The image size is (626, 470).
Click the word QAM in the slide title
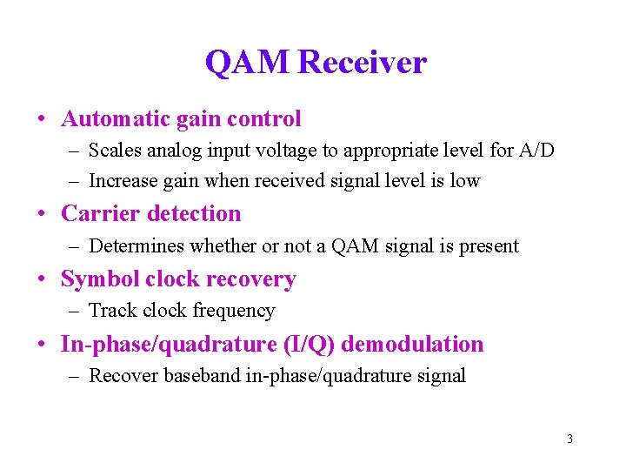coord(248,63)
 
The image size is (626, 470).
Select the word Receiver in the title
coord(362,63)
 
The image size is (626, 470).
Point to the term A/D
coord(536,151)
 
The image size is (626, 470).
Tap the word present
coord(490,246)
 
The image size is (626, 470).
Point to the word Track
coord(112,311)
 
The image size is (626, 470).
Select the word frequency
coord(234,311)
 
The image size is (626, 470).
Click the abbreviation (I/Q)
coord(310,345)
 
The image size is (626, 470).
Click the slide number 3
coord(569,439)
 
